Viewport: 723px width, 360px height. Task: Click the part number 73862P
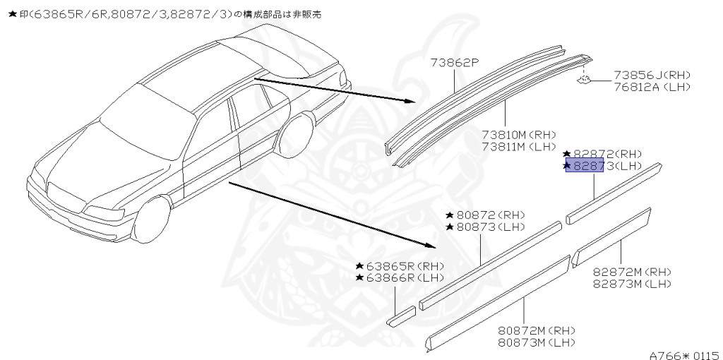455,64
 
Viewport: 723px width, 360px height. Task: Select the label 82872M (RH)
631,272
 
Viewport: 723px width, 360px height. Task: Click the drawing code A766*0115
684,354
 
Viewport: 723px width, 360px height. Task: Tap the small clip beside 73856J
584,80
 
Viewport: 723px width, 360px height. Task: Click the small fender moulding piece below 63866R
402,316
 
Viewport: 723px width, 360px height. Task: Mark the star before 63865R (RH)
360,266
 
